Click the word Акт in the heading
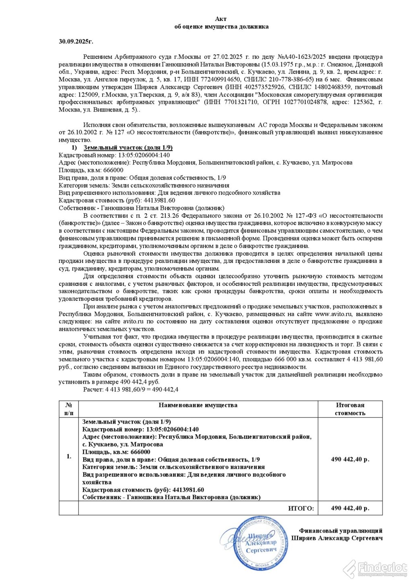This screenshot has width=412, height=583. (x=221, y=19)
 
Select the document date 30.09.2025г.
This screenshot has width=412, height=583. (x=76, y=41)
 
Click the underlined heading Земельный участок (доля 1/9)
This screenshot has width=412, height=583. (x=128, y=148)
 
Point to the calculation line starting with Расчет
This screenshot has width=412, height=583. (x=131, y=390)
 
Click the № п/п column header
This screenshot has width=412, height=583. (x=69, y=409)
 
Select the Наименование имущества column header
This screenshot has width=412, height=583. (x=198, y=405)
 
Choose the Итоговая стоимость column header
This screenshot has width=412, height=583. (x=350, y=409)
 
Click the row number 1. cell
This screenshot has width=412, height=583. (x=69, y=456)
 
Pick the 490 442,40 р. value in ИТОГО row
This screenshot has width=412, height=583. (x=350, y=509)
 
